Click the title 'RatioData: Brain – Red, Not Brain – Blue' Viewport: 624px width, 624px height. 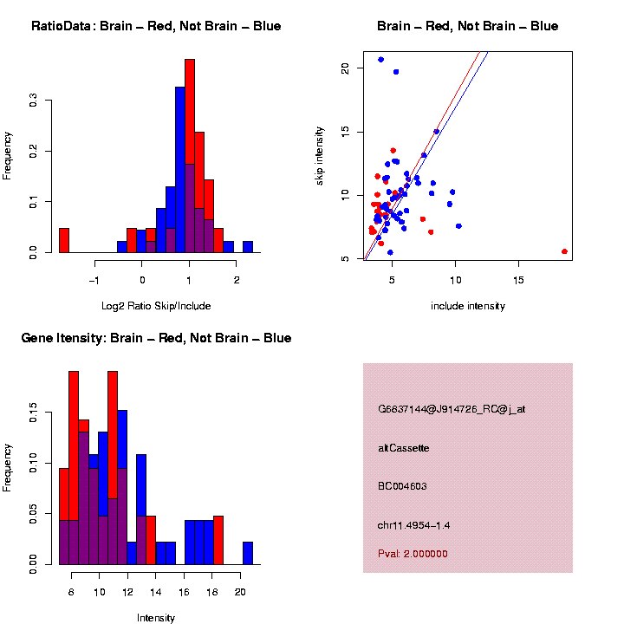pos(156,26)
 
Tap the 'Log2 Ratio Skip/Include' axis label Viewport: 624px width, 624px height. pos(155,306)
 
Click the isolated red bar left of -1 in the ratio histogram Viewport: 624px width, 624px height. pos(63,240)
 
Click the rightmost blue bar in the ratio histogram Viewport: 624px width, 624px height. pos(248,247)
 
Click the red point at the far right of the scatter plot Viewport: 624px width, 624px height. pos(564,251)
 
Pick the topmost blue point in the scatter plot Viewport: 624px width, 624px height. pos(380,60)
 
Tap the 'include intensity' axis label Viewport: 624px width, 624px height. pos(467,306)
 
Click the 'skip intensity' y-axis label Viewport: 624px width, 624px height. pos(320,155)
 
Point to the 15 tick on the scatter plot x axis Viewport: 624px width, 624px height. pos(517,280)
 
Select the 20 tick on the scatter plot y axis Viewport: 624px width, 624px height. pos(345,68)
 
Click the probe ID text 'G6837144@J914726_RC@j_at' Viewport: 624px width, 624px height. pos(452,409)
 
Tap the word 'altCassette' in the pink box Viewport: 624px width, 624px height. pos(404,448)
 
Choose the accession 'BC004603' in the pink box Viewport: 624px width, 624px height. pos(402,486)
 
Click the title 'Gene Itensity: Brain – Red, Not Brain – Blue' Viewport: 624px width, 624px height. pos(156,338)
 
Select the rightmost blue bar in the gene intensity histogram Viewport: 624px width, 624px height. pos(248,554)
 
